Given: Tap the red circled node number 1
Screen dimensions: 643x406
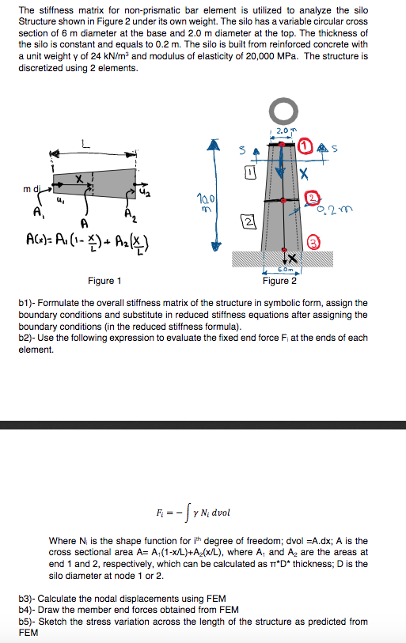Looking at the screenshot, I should tap(305, 146).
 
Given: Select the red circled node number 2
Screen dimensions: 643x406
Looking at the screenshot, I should tap(312, 197).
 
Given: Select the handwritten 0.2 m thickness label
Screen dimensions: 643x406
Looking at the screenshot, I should tap(336, 209).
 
